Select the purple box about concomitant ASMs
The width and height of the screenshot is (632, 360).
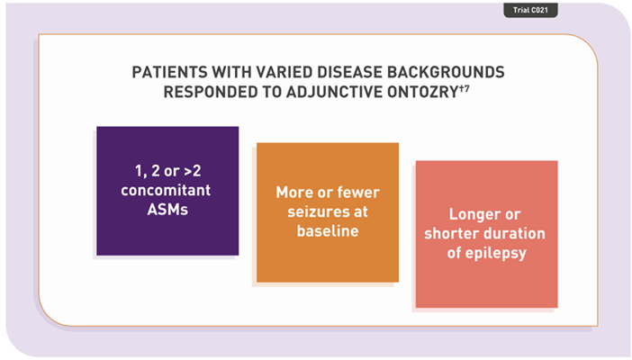tap(167, 190)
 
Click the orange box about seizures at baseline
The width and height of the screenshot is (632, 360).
tap(327, 212)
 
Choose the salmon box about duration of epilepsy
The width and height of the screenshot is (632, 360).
tap(486, 234)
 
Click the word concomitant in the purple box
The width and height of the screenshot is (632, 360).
tap(167, 190)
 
